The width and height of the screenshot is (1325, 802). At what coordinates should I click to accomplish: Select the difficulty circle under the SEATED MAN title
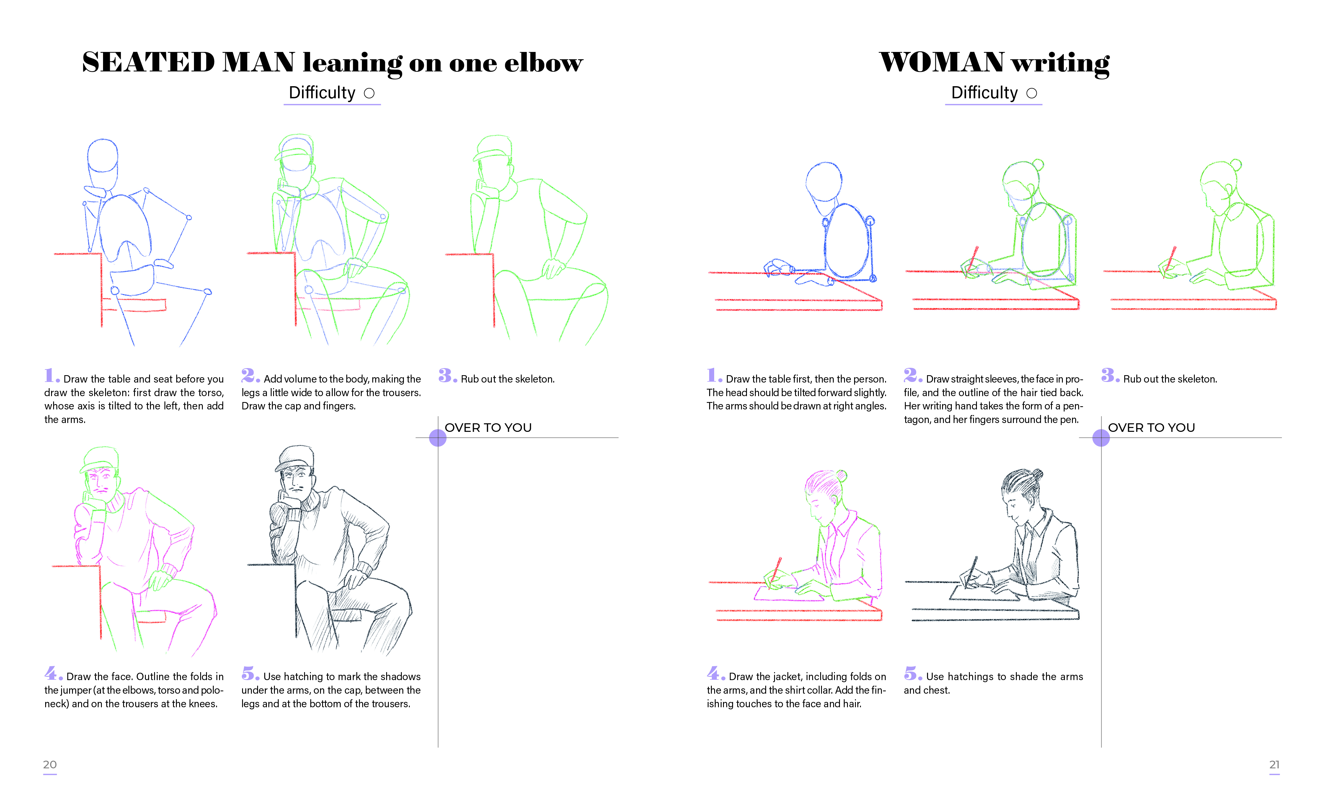(369, 94)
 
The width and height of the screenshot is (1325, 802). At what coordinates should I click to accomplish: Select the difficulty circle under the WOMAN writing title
(1032, 94)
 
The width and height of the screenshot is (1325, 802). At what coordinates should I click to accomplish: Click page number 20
(50, 765)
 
